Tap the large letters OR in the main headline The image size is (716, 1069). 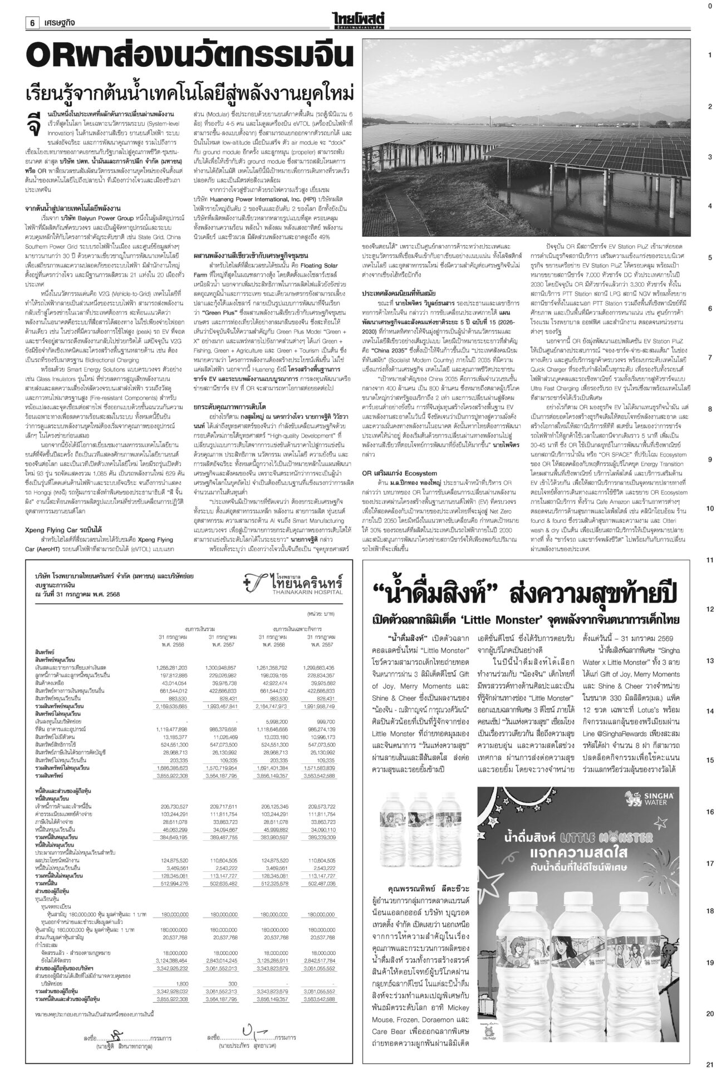(53, 56)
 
